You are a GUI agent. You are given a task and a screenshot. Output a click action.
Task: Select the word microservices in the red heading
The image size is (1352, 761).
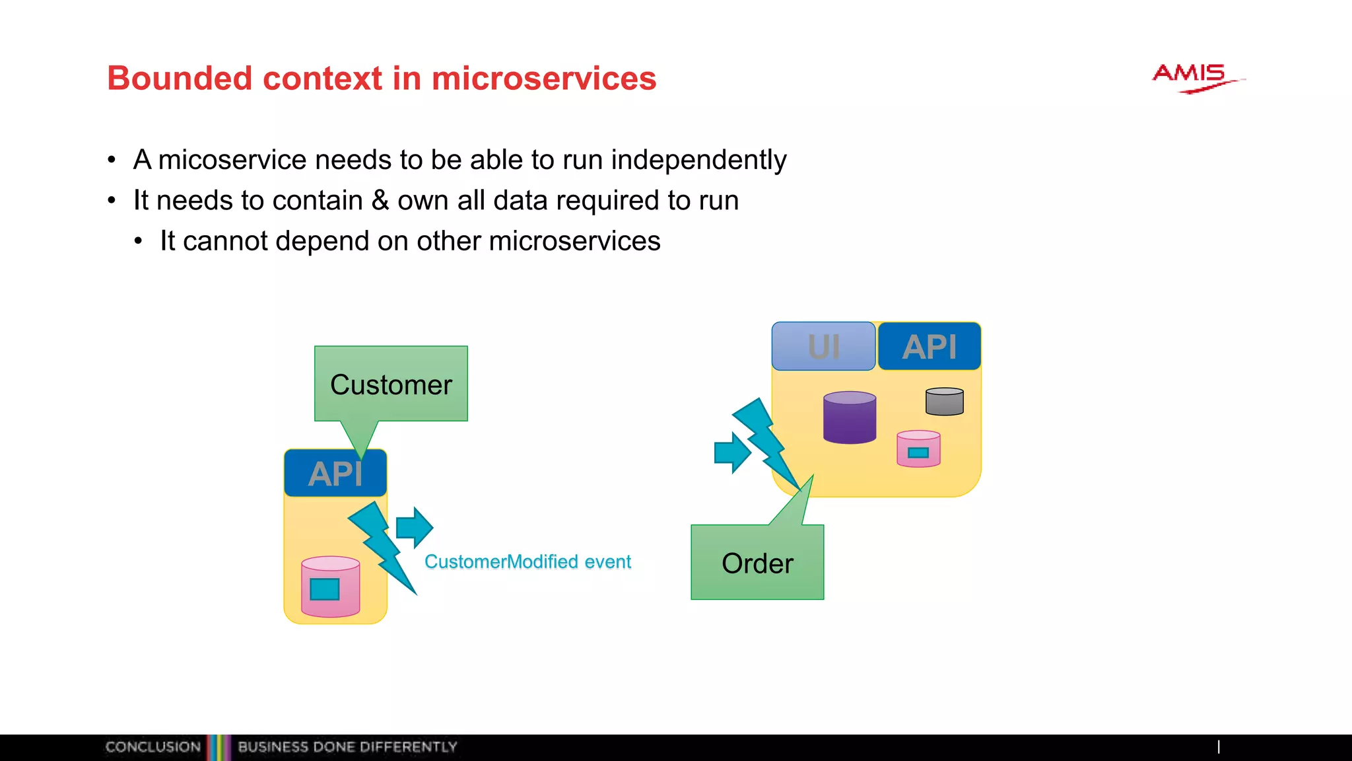coord(544,79)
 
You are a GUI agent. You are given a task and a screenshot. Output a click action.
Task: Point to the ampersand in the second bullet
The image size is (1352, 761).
coord(380,201)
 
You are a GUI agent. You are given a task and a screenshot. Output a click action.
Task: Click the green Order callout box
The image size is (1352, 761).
coord(757,563)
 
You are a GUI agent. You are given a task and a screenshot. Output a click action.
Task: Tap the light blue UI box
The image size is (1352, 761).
coord(823,347)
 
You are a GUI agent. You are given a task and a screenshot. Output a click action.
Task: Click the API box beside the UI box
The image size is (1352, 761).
coord(929,347)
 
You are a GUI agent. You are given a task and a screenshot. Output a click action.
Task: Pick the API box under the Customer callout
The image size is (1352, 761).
coord(335,474)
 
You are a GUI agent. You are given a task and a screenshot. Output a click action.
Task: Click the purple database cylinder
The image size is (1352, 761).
coord(850,417)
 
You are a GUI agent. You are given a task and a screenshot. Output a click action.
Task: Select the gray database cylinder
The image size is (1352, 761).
coord(944,402)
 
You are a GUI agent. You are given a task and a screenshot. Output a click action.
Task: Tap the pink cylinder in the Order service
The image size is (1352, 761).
coord(918,449)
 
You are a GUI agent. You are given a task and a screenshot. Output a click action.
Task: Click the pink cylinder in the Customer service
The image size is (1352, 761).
coord(330,587)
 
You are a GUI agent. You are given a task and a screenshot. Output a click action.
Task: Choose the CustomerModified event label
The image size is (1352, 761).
coord(527,562)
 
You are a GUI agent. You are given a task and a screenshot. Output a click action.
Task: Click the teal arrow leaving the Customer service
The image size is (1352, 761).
coord(414,528)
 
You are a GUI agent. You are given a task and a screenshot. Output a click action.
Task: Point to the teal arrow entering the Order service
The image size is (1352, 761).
coord(732,453)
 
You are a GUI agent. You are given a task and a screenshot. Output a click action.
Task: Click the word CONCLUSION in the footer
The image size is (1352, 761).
coord(153,747)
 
